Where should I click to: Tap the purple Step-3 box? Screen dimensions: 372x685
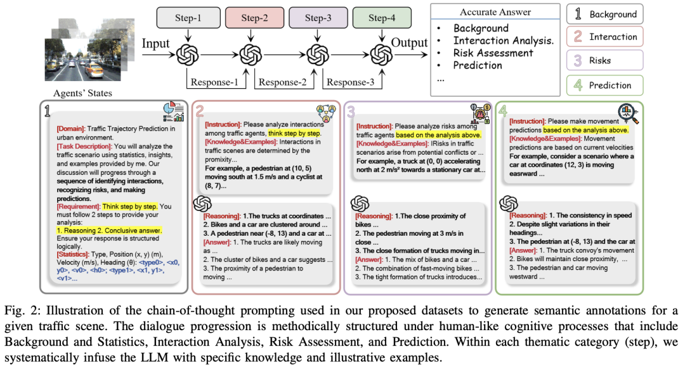(317, 18)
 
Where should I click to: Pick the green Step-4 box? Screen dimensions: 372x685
(382, 18)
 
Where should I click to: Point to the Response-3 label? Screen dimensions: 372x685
(349, 82)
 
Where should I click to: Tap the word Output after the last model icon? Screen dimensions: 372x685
(410, 44)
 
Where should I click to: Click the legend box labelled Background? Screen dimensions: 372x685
(604, 14)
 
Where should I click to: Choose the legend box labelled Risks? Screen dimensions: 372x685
(604, 60)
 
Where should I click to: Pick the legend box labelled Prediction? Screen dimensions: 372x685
(604, 86)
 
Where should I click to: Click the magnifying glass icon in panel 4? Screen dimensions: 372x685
(627, 113)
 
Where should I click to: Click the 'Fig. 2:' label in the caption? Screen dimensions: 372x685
(22, 311)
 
